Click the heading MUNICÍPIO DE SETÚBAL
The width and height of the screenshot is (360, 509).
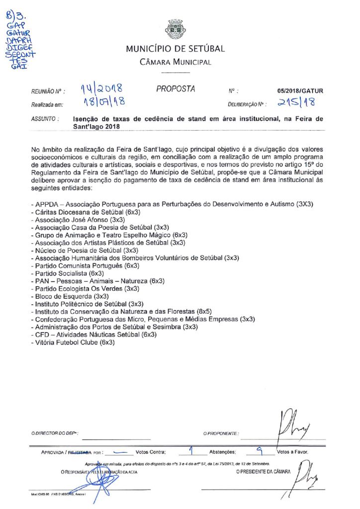[175, 49]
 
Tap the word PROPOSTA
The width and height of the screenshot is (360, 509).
[176, 89]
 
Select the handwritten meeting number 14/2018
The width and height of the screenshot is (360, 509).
[101, 89]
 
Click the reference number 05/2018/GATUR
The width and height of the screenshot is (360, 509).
[300, 91]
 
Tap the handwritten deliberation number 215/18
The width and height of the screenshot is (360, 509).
[296, 103]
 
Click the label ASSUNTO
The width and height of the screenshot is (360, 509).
[45, 119]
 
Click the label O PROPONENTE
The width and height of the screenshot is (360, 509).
[221, 434]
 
